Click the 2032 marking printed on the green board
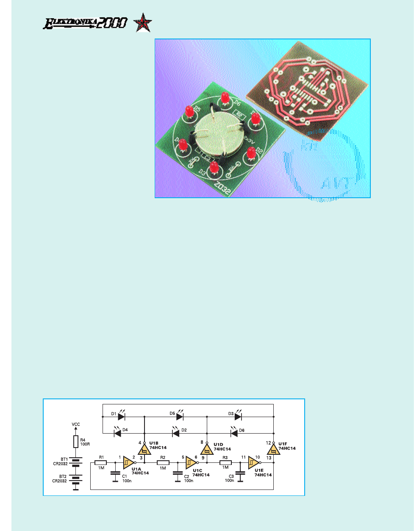coord(223,188)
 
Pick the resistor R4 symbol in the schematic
coord(76,442)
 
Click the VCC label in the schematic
coord(76,424)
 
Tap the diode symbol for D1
coord(121,417)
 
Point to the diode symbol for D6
coord(233,433)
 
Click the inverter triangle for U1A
coord(127,463)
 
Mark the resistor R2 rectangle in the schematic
coord(163,463)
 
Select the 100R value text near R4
coord(85,445)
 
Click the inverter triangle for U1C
coord(189,463)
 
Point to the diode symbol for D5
coord(180,417)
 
